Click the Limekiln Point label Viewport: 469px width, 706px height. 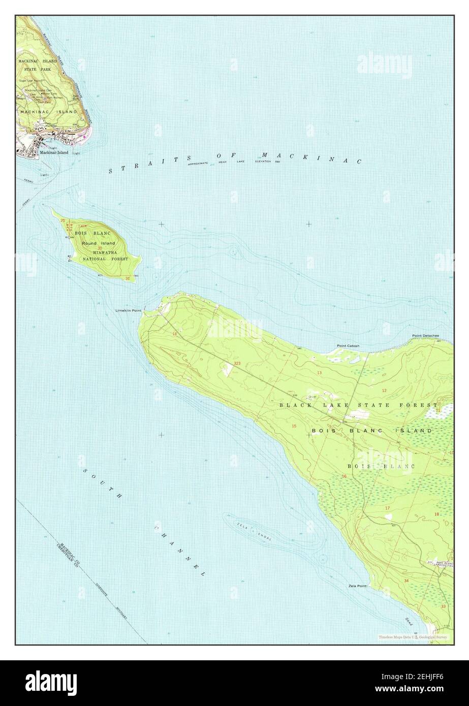point(128,310)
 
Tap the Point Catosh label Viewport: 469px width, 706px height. point(348,346)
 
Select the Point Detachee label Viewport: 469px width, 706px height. point(425,336)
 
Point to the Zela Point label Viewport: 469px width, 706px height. point(358,586)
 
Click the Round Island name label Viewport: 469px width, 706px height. point(99,243)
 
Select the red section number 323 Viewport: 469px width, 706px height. point(237,363)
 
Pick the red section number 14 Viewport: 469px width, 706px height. point(175,334)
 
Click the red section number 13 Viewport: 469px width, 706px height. point(320,373)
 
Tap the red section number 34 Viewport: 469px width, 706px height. point(407,580)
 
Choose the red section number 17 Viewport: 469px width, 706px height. point(387,508)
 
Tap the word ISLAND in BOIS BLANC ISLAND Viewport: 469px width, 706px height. point(414,430)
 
